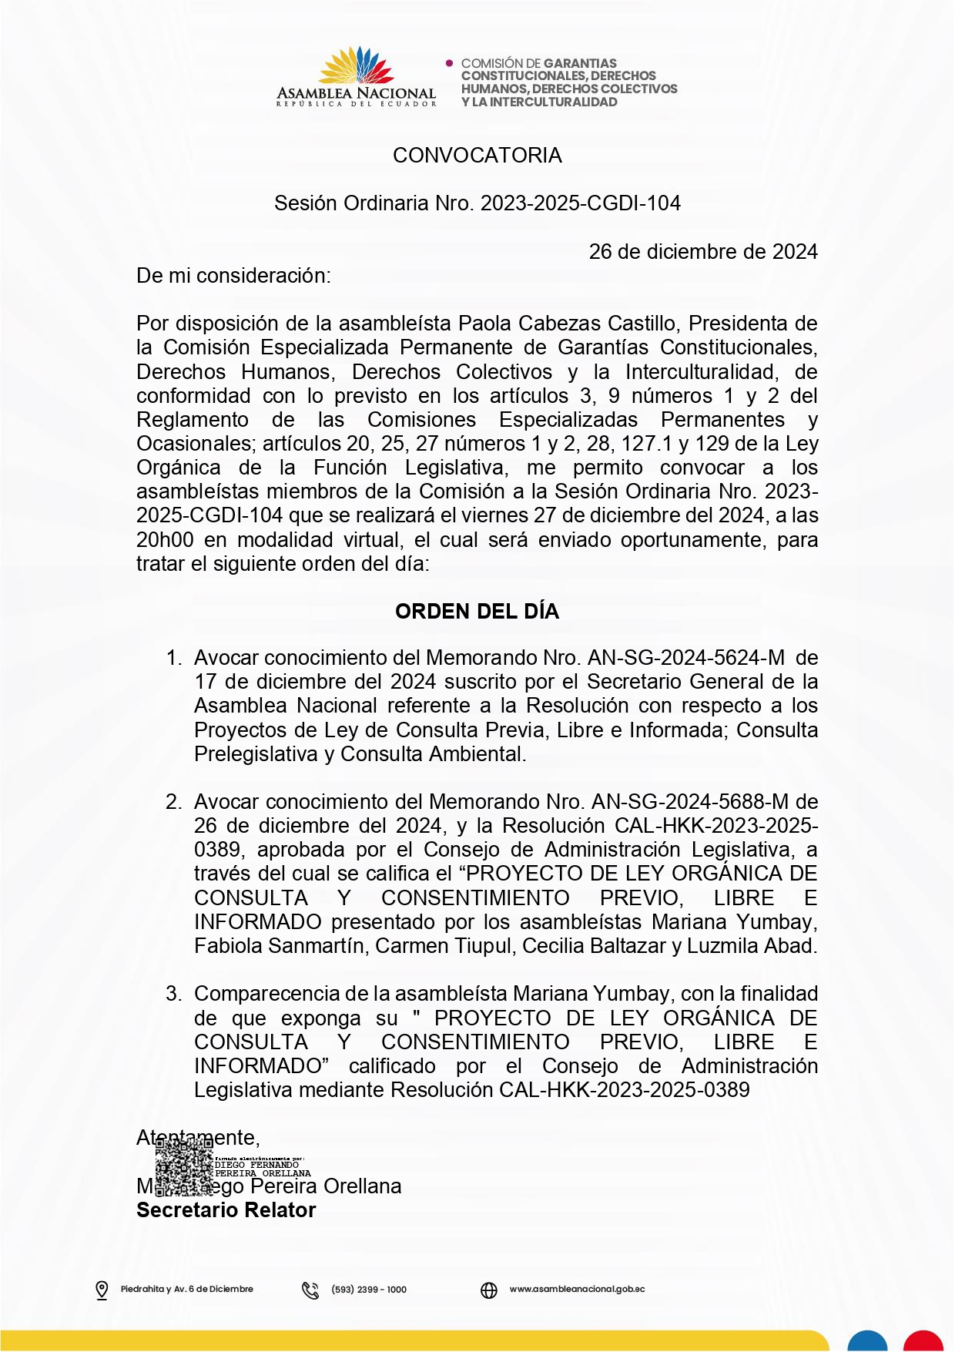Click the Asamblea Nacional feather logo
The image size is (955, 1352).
coord(356,66)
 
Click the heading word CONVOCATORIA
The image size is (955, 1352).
coord(477,156)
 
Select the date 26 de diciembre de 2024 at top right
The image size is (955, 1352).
coord(702,252)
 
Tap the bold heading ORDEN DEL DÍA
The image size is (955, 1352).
coord(477,612)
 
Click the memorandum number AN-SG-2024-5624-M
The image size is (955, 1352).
coord(685,658)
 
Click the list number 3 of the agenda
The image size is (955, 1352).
coord(173,994)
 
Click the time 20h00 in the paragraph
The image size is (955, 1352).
coord(165,540)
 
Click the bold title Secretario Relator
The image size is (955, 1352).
coord(226,1210)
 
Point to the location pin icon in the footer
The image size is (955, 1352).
coord(102,1290)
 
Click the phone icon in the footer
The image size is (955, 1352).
coord(310,1290)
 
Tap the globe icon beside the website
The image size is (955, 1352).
coord(489,1290)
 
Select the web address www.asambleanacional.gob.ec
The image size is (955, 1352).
coord(577,1289)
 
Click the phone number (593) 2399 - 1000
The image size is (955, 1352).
coord(369,1290)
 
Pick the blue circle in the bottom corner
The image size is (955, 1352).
coord(868,1340)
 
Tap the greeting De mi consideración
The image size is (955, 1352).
coord(233,276)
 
